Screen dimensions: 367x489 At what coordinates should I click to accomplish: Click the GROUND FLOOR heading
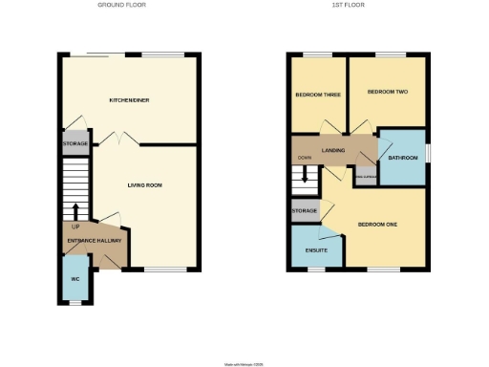122,5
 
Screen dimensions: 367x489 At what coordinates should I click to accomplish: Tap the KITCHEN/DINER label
129,99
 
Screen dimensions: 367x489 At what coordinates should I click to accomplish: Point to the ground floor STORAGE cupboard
74,144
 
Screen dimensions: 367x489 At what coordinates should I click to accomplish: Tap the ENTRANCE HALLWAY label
93,241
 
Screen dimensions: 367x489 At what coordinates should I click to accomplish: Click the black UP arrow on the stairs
75,210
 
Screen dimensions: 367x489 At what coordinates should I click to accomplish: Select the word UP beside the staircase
75,227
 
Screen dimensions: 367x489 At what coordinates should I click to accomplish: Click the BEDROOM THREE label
317,95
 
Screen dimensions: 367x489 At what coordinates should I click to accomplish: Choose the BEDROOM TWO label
388,92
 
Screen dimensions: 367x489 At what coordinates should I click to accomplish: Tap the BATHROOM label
403,158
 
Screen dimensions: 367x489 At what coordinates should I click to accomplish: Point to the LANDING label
334,150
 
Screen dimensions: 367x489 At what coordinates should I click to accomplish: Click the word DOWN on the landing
305,158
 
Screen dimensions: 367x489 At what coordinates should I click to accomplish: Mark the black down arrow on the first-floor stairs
305,175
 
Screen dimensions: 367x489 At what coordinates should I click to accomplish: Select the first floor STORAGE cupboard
305,210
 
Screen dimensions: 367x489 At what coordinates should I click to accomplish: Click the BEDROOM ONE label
377,225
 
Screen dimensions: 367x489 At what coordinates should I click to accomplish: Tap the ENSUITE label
315,250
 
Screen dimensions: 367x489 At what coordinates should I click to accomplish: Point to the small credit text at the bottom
243,364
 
